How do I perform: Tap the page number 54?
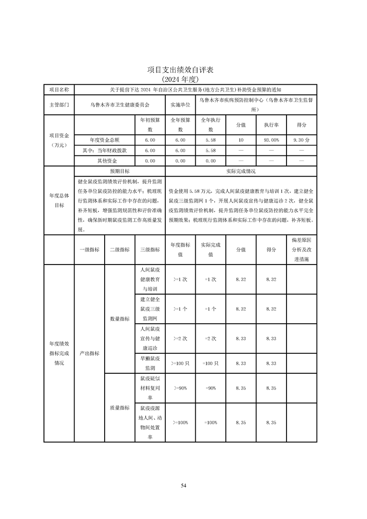coord(183,485)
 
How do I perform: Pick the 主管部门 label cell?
coord(59,105)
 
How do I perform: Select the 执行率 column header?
coord(271,125)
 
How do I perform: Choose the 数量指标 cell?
coord(120,319)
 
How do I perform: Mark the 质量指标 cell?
coord(120,408)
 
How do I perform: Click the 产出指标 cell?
coord(89,353)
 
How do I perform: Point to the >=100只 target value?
coord(180,364)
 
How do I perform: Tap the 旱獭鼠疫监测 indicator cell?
coord(150,363)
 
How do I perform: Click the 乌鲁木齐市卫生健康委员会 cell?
coord(119,105)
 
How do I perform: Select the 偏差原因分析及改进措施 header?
coord(302,250)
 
